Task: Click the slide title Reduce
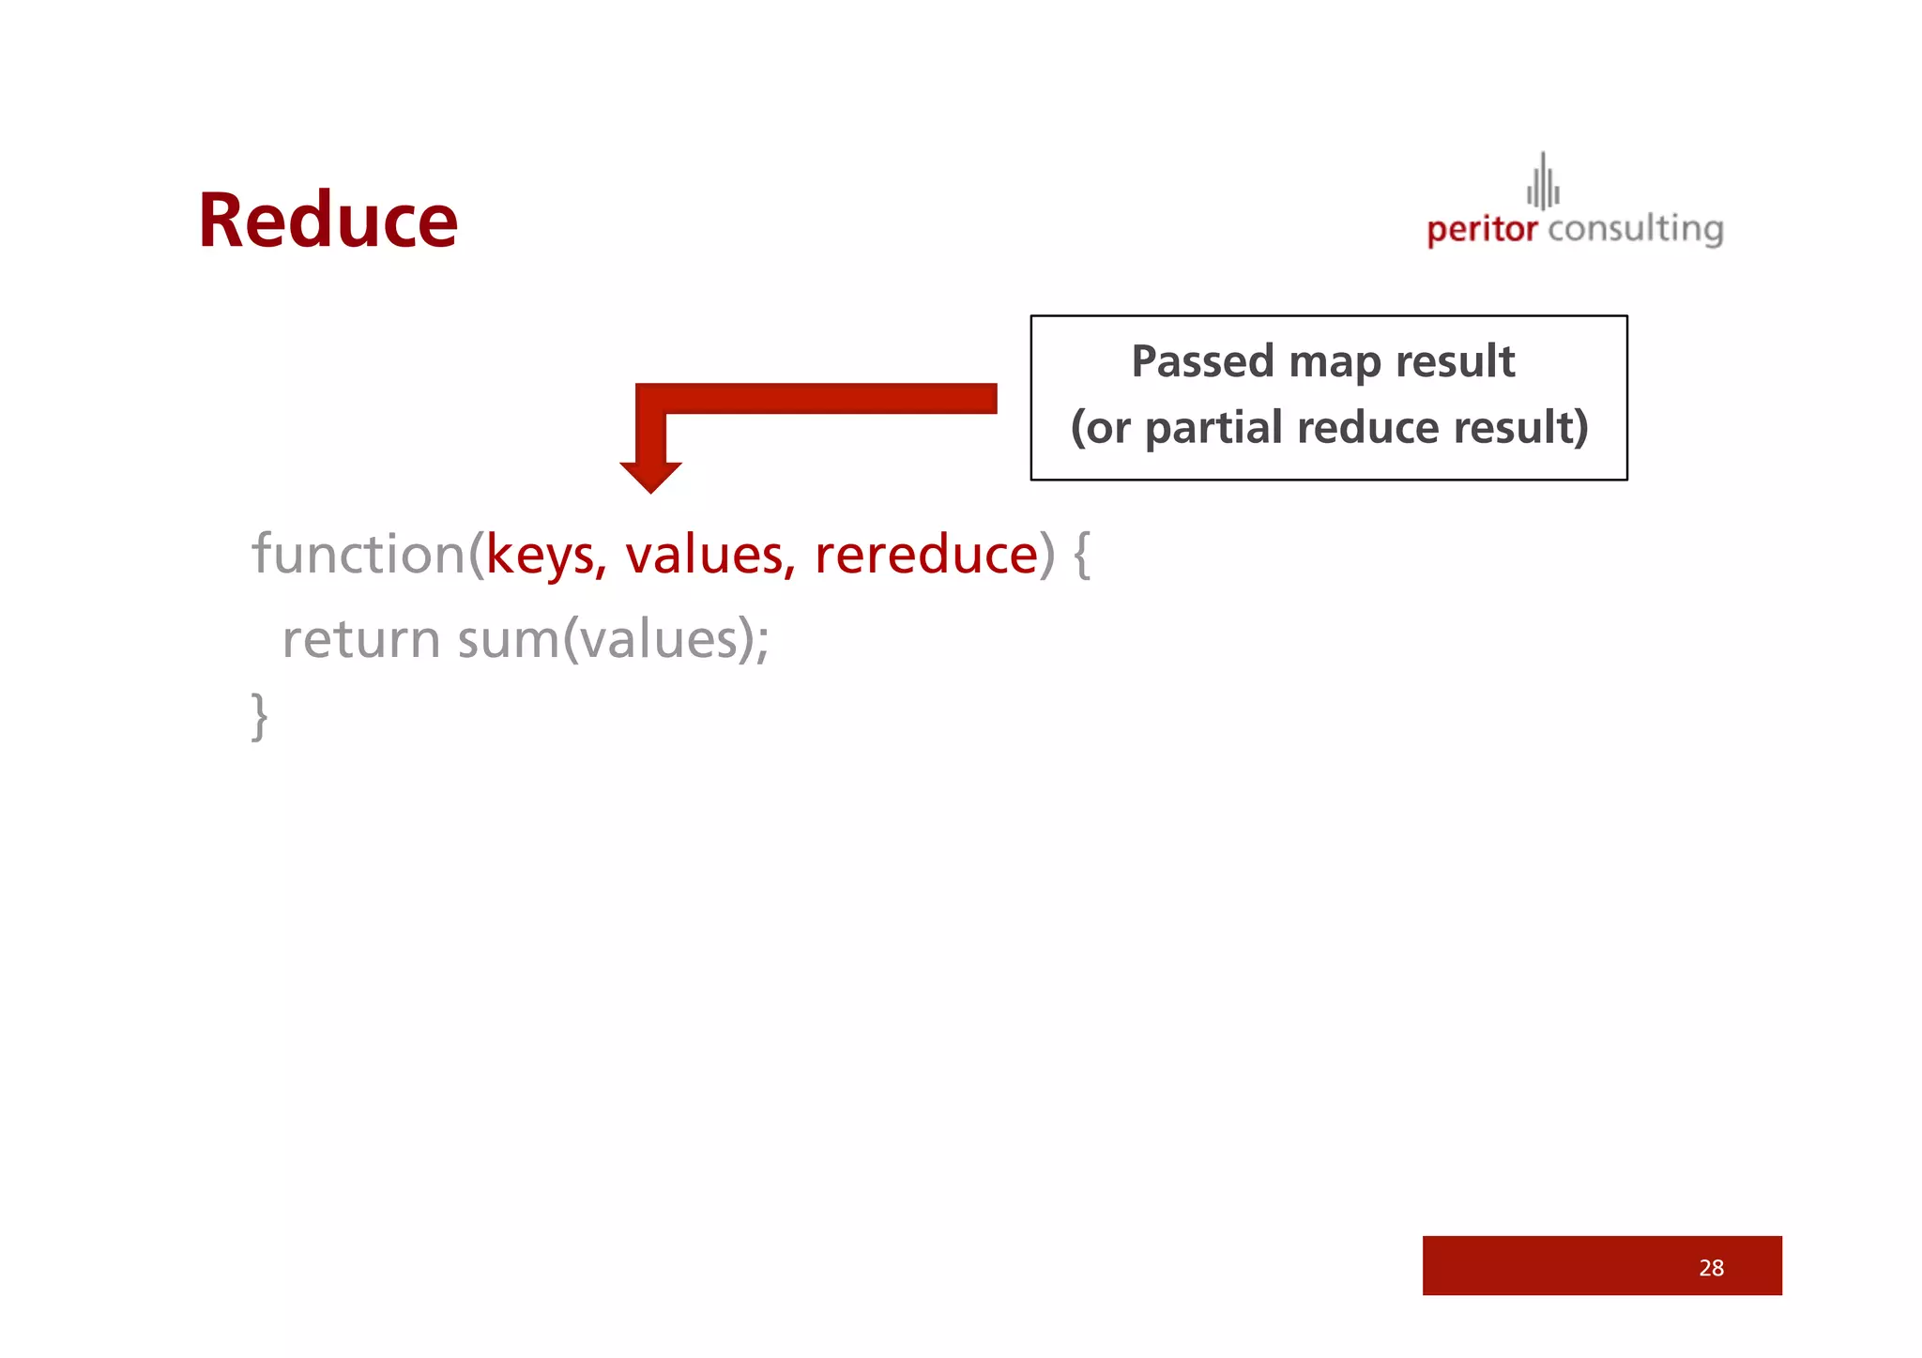[328, 221]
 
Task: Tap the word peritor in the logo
[1482, 230]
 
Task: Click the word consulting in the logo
[1635, 229]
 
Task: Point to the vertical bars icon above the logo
[1543, 182]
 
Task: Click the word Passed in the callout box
[1201, 361]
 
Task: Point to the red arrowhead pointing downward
[650, 477]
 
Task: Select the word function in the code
[358, 554]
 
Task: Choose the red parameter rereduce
[926, 554]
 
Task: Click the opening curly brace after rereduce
[1081, 554]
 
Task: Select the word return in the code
[360, 640]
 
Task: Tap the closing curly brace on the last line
[260, 716]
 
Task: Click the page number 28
[1711, 1268]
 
